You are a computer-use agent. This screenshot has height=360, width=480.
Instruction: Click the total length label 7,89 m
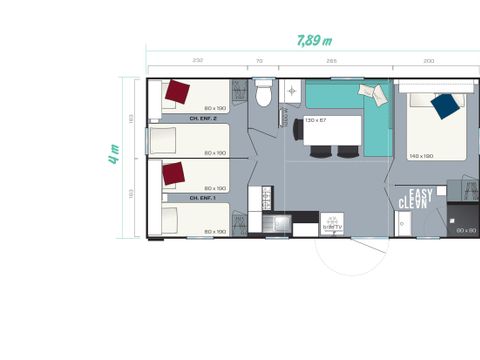coord(314,40)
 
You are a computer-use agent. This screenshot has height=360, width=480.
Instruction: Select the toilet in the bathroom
coord(264,96)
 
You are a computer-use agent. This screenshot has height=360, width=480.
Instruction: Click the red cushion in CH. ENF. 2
coord(178,93)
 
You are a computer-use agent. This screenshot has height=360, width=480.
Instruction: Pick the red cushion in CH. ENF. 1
coord(174,173)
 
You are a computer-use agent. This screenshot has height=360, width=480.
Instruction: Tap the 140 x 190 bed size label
coord(422,155)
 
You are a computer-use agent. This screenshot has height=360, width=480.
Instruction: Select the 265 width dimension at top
coord(330,61)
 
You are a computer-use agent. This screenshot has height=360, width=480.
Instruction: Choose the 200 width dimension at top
coord(429,61)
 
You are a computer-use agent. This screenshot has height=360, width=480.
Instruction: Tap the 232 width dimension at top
coord(198,61)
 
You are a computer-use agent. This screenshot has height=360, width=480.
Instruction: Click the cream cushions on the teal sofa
coord(371,93)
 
